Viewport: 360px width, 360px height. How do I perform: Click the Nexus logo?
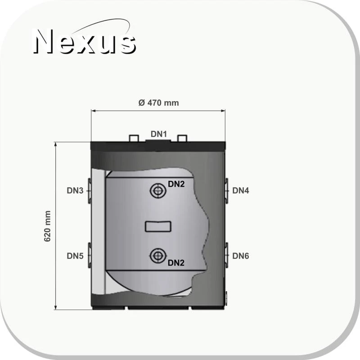click(85, 38)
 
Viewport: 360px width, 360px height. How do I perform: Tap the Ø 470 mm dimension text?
click(159, 103)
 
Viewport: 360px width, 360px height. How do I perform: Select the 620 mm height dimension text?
click(47, 226)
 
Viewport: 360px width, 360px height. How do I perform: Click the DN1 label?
click(159, 134)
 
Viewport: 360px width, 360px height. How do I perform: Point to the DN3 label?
click(75, 190)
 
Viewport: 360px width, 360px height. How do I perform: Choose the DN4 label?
click(241, 190)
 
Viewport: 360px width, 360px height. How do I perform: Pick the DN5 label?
click(75, 256)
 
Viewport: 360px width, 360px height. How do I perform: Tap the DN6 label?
click(241, 256)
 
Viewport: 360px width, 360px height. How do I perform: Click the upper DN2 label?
click(176, 184)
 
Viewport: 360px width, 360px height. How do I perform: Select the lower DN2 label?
click(176, 263)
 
